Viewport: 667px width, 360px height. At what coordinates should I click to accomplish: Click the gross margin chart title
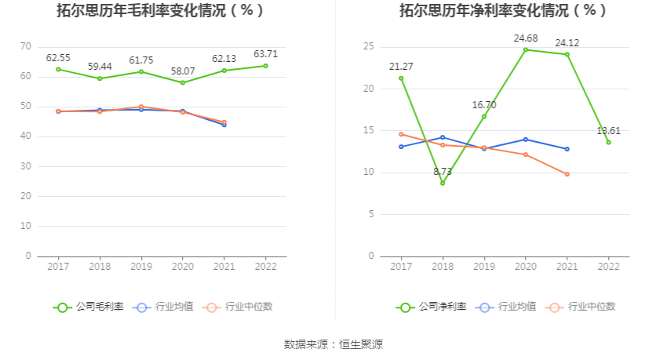[160, 11]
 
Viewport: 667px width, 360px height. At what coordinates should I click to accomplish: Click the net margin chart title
[502, 11]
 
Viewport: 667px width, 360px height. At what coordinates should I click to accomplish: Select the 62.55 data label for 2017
[58, 58]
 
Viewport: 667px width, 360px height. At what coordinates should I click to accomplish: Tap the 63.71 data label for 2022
[265, 54]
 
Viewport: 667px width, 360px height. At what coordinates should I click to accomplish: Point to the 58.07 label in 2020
[182, 71]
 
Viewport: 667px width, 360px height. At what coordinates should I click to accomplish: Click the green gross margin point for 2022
[265, 66]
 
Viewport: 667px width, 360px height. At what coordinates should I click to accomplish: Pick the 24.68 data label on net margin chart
[525, 38]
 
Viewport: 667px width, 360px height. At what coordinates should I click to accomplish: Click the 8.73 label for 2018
[443, 171]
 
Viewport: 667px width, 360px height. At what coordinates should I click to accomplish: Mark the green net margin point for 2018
[443, 183]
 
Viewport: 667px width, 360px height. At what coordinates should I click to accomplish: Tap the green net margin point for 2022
[608, 142]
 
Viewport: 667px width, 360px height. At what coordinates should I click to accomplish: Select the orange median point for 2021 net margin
[567, 174]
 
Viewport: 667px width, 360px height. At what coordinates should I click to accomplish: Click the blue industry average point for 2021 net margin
[567, 149]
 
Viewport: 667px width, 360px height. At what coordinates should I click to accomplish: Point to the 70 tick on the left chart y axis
[26, 46]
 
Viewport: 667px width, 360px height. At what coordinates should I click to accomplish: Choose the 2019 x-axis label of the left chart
[141, 267]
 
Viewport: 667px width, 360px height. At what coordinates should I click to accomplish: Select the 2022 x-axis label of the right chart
[608, 267]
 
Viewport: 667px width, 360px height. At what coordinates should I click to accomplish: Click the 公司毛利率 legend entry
[88, 307]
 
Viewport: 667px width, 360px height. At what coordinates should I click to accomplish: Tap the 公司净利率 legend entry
[432, 307]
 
